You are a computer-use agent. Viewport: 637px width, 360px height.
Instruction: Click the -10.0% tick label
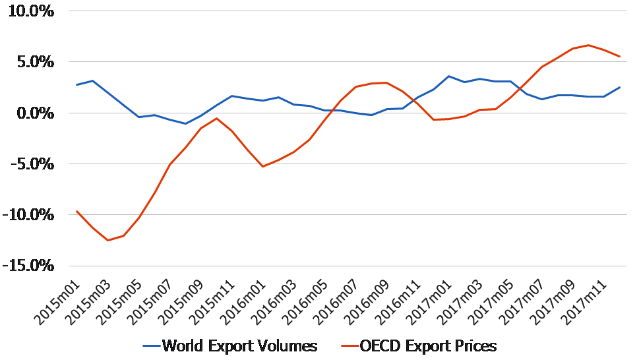[x=28, y=215]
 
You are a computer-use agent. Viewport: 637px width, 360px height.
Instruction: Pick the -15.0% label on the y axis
[x=28, y=266]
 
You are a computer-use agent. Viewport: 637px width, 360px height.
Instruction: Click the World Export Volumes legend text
[x=239, y=345]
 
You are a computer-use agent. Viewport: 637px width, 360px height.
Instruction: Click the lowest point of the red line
[x=107, y=240]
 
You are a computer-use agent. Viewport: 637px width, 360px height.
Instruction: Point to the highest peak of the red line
[x=588, y=45]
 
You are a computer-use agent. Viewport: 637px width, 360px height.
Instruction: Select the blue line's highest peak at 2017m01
[x=449, y=76]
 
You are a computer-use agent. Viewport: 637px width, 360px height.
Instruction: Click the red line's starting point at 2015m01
[x=76, y=211]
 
